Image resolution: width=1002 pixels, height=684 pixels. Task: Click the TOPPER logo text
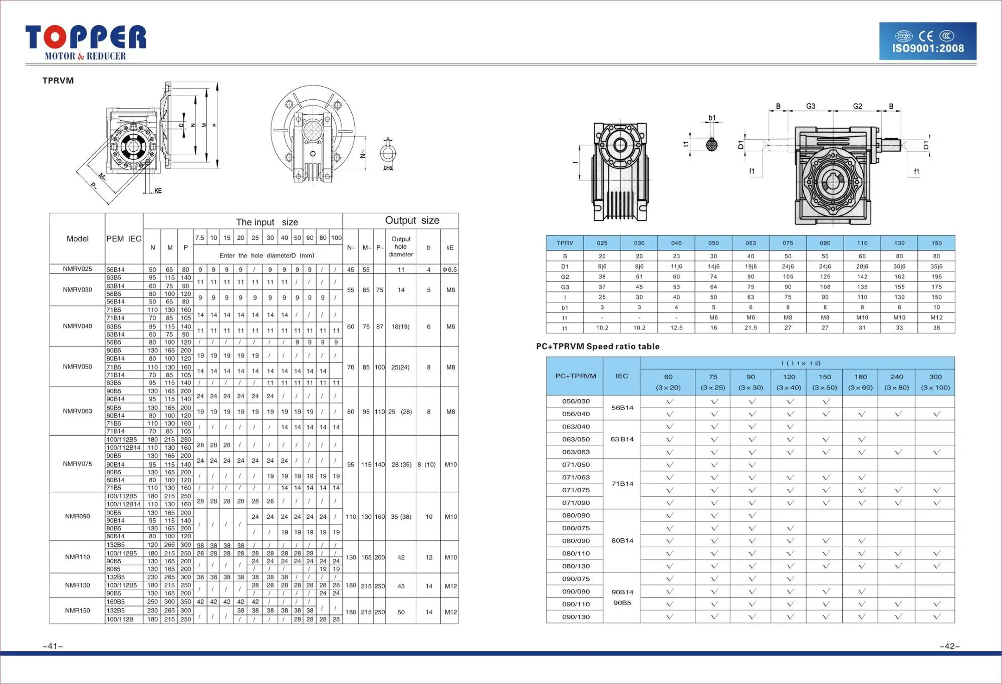pyautogui.click(x=86, y=38)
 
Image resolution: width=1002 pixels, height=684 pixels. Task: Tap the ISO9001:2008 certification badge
pyautogui.click(x=927, y=42)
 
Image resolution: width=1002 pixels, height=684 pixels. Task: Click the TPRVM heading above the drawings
pyautogui.click(x=58, y=81)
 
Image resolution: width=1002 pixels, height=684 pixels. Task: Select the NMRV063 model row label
pyautogui.click(x=77, y=411)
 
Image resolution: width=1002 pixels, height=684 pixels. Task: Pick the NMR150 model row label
pyautogui.click(x=77, y=610)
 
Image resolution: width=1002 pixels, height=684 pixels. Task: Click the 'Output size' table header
pyautogui.click(x=412, y=220)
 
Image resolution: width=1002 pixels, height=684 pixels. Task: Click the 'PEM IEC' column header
pyautogui.click(x=124, y=239)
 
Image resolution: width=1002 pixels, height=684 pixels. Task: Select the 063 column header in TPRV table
pyautogui.click(x=750, y=243)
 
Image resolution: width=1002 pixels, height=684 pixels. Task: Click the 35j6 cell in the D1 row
pyautogui.click(x=936, y=266)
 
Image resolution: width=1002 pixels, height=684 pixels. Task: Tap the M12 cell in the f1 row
pyautogui.click(x=936, y=317)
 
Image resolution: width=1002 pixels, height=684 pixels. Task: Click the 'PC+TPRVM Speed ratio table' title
pyautogui.click(x=598, y=347)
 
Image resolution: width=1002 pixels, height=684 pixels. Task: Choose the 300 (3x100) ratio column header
pyautogui.click(x=935, y=382)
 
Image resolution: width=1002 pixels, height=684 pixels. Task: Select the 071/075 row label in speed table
pyautogui.click(x=576, y=490)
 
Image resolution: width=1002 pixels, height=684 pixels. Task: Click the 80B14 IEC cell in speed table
pyautogui.click(x=622, y=541)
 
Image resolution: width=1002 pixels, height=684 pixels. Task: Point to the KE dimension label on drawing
pyautogui.click(x=158, y=191)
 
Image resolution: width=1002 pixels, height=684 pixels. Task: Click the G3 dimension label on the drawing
pyautogui.click(x=810, y=106)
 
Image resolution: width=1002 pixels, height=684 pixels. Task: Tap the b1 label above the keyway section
pyautogui.click(x=712, y=118)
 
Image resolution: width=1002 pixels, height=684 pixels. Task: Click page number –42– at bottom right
pyautogui.click(x=949, y=646)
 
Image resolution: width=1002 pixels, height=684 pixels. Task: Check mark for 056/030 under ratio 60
pyautogui.click(x=669, y=402)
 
